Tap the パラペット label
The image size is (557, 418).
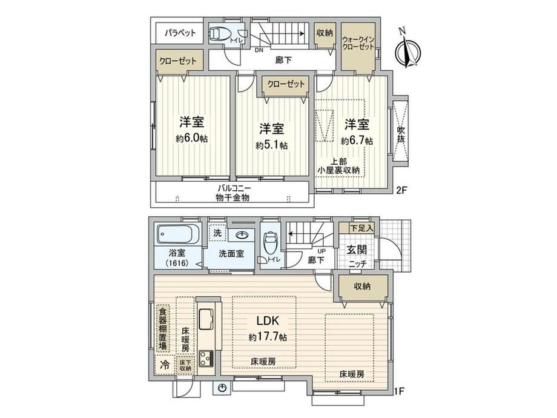[x=180, y=33]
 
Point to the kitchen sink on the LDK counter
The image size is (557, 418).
[x=206, y=319]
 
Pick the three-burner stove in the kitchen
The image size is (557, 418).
[x=206, y=359]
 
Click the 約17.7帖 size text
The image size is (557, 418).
[x=268, y=336]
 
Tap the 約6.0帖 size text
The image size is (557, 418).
[x=191, y=138]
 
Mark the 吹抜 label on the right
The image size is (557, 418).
[x=401, y=134]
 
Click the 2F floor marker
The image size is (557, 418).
[x=401, y=190]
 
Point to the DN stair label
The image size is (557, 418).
[x=259, y=50]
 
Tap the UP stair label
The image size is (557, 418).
[x=321, y=251]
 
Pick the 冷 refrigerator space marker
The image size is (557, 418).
[x=165, y=364]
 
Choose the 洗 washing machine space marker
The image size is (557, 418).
[x=217, y=233]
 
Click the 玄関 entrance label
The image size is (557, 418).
[x=357, y=250]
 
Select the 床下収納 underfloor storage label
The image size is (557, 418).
[x=185, y=365]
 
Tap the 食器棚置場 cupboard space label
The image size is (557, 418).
[x=162, y=329]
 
